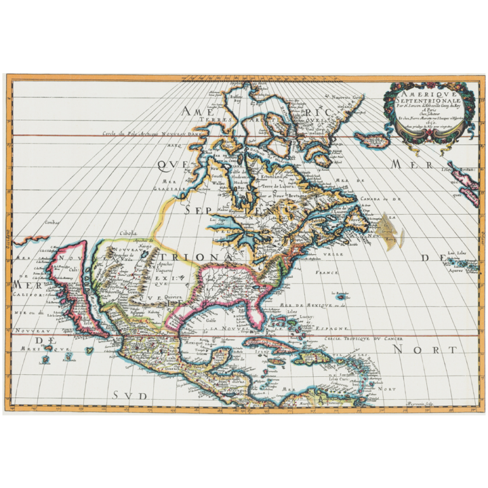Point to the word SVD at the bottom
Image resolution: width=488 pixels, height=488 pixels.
coord(130,395)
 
